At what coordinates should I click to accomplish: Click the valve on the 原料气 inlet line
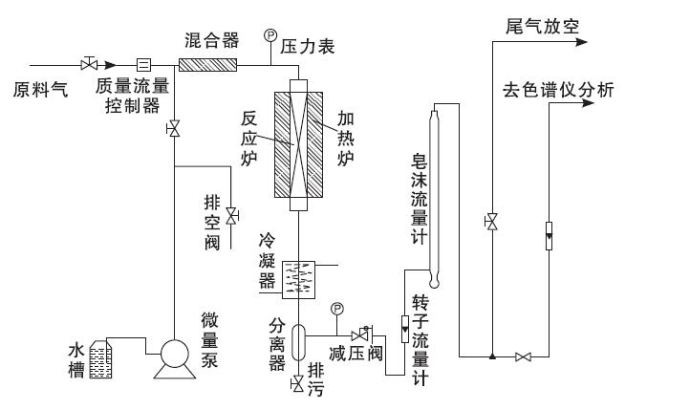click(x=89, y=64)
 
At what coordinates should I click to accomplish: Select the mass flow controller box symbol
click(x=143, y=65)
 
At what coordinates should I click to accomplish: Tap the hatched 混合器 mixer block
click(x=207, y=65)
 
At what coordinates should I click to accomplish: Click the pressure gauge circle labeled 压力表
click(x=270, y=34)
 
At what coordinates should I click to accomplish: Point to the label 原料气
click(x=40, y=90)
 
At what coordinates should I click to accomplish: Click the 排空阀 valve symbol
click(x=231, y=216)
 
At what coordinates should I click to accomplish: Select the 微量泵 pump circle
click(x=175, y=354)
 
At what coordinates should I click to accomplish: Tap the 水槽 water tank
click(x=100, y=359)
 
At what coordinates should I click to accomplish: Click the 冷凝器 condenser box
click(x=298, y=280)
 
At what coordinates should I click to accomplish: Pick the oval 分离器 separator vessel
click(x=298, y=343)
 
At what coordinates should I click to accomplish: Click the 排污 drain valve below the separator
click(x=297, y=384)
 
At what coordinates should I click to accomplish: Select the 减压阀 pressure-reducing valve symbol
click(x=361, y=335)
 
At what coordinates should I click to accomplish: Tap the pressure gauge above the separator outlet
click(x=337, y=309)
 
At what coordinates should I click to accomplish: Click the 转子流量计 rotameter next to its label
click(x=405, y=329)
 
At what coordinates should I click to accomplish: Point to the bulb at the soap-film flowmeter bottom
click(x=434, y=281)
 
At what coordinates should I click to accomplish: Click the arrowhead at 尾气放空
click(x=582, y=42)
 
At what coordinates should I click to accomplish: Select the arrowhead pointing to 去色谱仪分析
click(x=588, y=103)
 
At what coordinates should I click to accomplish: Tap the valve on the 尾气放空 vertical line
click(x=491, y=222)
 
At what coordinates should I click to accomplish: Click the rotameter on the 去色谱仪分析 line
click(x=550, y=236)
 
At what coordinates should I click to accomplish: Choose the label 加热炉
click(x=346, y=139)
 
